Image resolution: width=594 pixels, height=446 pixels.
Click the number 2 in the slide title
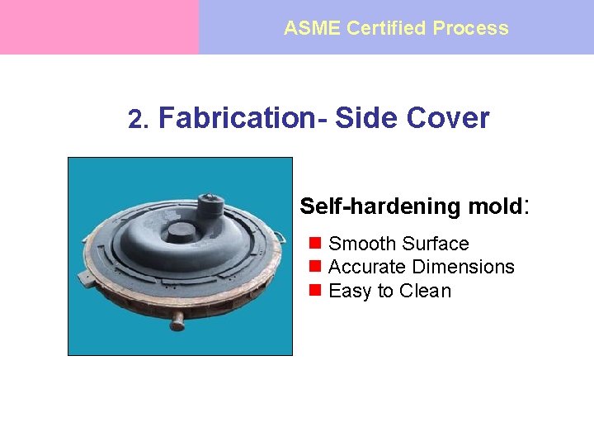(x=136, y=120)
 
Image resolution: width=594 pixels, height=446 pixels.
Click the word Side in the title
(x=366, y=118)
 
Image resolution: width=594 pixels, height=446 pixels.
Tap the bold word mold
(x=492, y=206)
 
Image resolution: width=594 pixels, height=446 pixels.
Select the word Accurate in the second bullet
(x=366, y=267)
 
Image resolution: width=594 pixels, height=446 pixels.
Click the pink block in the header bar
(x=99, y=27)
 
